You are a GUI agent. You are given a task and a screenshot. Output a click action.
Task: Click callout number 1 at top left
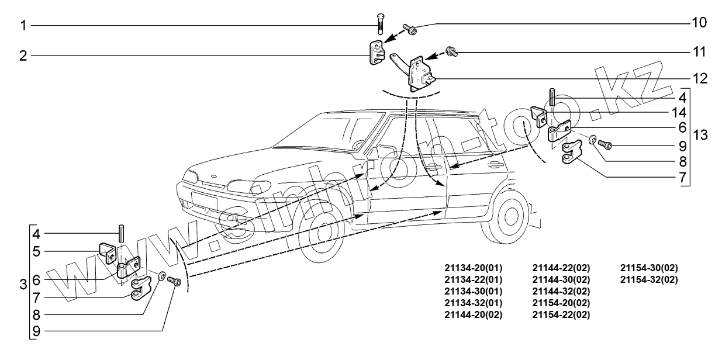pyautogui.click(x=23, y=25)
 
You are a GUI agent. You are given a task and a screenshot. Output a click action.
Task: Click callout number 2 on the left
pyautogui.click(x=23, y=56)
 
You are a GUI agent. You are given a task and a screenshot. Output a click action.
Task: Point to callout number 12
pyautogui.click(x=699, y=78)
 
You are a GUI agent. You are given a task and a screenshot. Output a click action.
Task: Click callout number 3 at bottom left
pyautogui.click(x=23, y=285)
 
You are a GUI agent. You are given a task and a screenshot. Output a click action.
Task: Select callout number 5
pyautogui.click(x=36, y=252)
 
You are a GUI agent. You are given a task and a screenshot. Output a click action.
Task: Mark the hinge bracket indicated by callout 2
pyautogui.click(x=375, y=53)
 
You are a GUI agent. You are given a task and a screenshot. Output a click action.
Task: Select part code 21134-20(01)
pyautogui.click(x=473, y=268)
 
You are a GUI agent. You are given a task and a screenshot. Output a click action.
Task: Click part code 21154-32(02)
pyautogui.click(x=649, y=279)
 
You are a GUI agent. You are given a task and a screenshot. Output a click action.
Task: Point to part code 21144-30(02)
pyautogui.click(x=561, y=279)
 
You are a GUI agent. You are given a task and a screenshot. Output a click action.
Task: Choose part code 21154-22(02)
pyautogui.click(x=561, y=314)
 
